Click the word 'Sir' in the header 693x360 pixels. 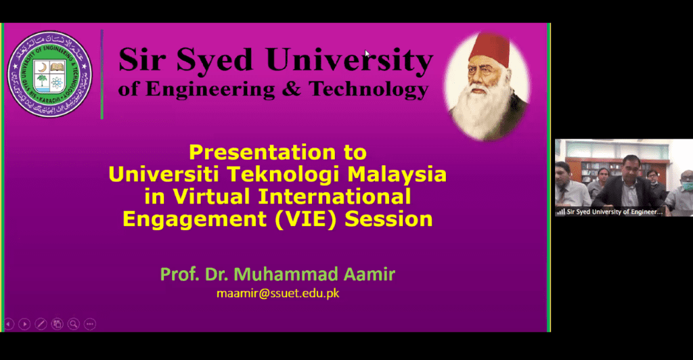139,60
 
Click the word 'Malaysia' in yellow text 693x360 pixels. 397,174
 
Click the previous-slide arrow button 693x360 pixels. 9,324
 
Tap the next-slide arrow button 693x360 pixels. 24,324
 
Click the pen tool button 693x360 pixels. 41,324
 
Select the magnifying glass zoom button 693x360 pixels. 73,324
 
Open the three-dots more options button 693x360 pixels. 89,324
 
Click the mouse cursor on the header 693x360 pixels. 367,53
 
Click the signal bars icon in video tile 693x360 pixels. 560,211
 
